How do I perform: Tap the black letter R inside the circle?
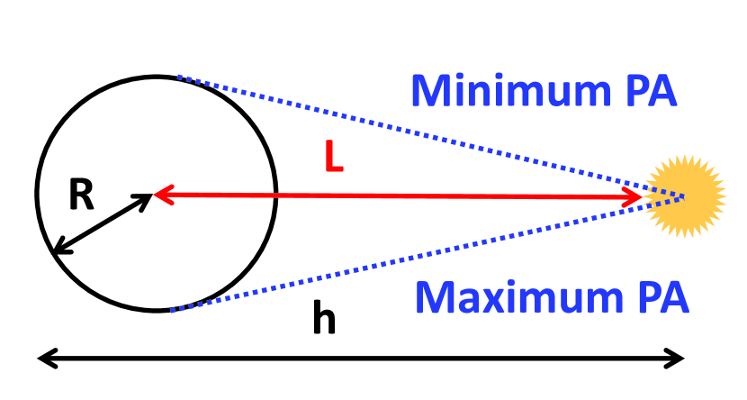coord(81,195)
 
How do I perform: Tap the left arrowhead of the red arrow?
coord(161,193)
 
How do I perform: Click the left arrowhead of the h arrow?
coord(43,359)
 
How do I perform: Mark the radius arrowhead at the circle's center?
coord(147,197)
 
